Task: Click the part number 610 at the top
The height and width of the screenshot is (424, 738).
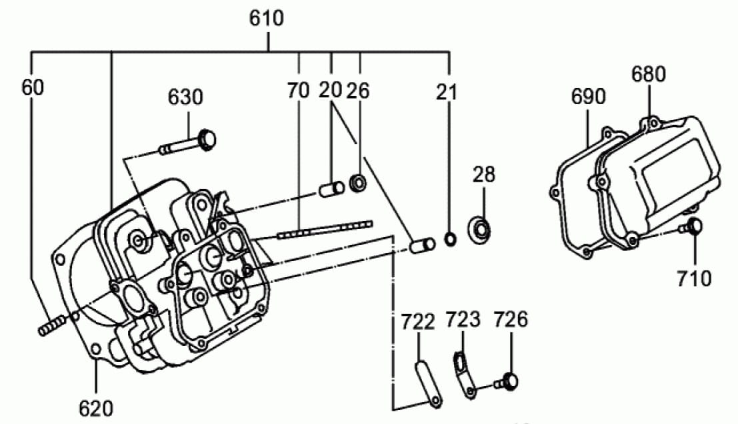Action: (267, 18)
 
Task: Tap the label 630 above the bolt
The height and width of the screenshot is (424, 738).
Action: (185, 97)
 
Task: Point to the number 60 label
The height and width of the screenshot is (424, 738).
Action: (33, 87)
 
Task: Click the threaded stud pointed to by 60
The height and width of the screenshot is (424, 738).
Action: (51, 326)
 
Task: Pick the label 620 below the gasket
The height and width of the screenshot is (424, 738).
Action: (96, 409)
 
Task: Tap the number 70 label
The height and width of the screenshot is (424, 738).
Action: (299, 90)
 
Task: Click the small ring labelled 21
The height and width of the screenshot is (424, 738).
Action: (451, 239)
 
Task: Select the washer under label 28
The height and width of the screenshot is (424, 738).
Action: (479, 228)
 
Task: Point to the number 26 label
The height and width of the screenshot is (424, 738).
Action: (358, 90)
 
